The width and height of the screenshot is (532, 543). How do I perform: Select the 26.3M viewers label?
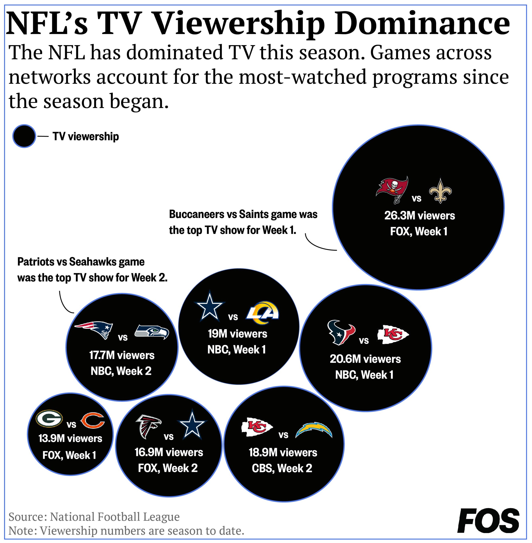pyautogui.click(x=419, y=216)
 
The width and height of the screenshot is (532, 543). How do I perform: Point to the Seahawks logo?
pyautogui.click(x=151, y=332)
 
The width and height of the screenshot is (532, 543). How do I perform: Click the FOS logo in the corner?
pyautogui.click(x=488, y=521)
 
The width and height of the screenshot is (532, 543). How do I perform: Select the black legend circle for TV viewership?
pyautogui.click(x=24, y=136)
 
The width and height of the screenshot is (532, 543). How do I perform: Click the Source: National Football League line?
pyautogui.click(x=94, y=517)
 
